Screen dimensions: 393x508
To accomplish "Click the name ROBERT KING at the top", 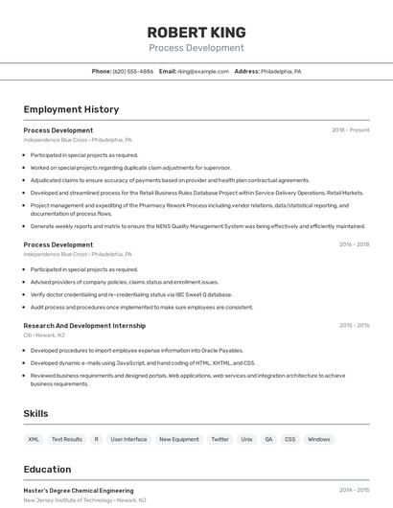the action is point(196,32).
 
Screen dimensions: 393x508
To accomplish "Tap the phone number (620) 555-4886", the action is point(133,72).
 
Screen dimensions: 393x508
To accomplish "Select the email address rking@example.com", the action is point(203,72).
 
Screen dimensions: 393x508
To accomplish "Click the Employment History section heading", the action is point(71,109).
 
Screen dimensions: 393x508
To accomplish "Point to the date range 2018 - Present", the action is point(351,130).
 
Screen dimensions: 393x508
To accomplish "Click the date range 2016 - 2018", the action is point(354,244).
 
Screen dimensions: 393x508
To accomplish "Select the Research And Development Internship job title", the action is point(84,326).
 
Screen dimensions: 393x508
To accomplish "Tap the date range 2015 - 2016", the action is point(354,326).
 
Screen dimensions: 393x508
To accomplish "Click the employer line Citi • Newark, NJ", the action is point(44,335).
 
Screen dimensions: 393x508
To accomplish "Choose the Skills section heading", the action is point(36,413).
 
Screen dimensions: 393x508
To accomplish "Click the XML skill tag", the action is point(34,439).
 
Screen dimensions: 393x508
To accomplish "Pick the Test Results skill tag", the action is point(67,439).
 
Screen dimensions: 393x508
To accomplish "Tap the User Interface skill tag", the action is point(128,439).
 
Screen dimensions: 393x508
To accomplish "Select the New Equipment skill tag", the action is point(179,439).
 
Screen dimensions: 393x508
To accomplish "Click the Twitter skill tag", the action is point(220,439).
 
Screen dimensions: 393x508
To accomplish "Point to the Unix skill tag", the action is point(246,439).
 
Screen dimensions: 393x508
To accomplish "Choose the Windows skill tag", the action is point(319,439).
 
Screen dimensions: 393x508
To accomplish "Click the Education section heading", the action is point(48,470).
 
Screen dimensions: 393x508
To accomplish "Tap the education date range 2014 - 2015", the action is point(354,490).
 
